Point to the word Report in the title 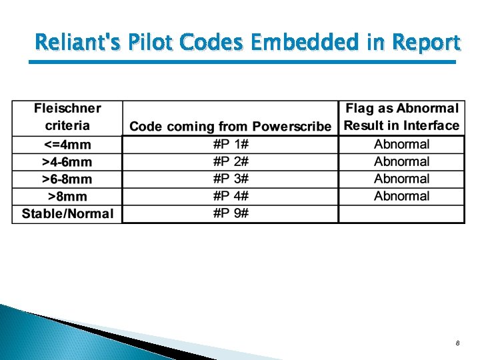(426, 43)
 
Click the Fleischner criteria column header (67, 117)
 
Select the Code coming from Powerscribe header (230, 126)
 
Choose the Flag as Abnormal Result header (401, 117)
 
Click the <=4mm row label (67, 145)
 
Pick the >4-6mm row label (67, 162)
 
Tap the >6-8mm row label (67, 179)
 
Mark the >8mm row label (67, 197)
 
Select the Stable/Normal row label (67, 214)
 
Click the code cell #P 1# (231, 145)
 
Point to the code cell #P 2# (231, 162)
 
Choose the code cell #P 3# (231, 179)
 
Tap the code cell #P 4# (231, 197)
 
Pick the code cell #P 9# (231, 214)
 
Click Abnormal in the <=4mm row (401, 145)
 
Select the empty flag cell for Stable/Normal (401, 214)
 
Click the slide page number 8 (457, 343)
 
